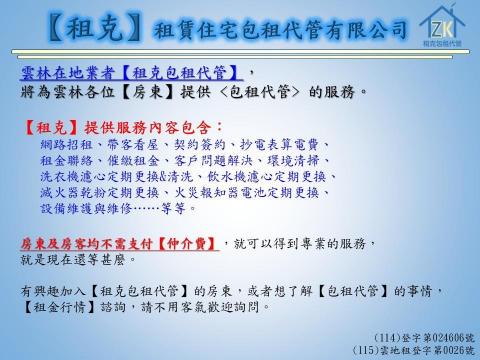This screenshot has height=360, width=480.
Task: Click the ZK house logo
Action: click(x=440, y=26)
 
